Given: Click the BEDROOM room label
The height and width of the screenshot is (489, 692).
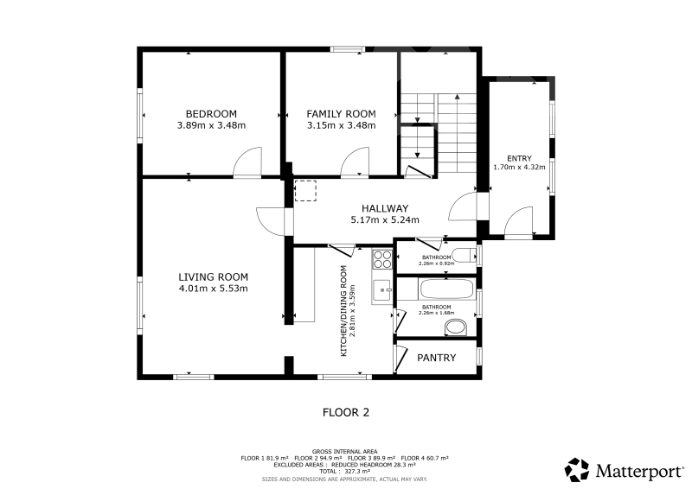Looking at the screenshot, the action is [211, 114].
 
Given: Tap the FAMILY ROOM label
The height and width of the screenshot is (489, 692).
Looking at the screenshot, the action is [341, 114].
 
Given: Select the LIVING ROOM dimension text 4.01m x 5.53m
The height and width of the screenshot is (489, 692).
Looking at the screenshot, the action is [213, 289].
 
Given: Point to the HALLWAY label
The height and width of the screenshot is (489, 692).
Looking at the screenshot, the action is [385, 208].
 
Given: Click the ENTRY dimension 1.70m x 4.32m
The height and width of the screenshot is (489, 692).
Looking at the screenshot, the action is [519, 167].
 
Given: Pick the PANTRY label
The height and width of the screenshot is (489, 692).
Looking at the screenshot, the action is [436, 358].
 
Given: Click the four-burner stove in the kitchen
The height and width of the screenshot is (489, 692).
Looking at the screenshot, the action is [382, 259].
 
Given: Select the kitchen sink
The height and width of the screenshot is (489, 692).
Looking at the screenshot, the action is [382, 290].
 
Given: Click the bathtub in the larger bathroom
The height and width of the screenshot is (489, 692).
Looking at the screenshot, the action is [446, 289].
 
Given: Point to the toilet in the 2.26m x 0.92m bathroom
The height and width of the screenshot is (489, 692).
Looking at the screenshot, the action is [465, 256].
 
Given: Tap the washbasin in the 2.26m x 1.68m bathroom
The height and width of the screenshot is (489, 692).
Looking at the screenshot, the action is [456, 328].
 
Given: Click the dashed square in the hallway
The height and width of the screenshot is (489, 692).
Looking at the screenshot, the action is [305, 191].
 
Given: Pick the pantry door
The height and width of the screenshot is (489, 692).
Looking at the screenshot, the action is [400, 358].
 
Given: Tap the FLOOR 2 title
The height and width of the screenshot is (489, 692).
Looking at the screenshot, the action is [346, 413].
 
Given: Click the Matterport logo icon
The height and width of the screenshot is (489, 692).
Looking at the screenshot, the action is [577, 470].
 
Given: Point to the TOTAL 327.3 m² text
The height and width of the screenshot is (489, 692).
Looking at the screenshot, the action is [344, 472].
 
